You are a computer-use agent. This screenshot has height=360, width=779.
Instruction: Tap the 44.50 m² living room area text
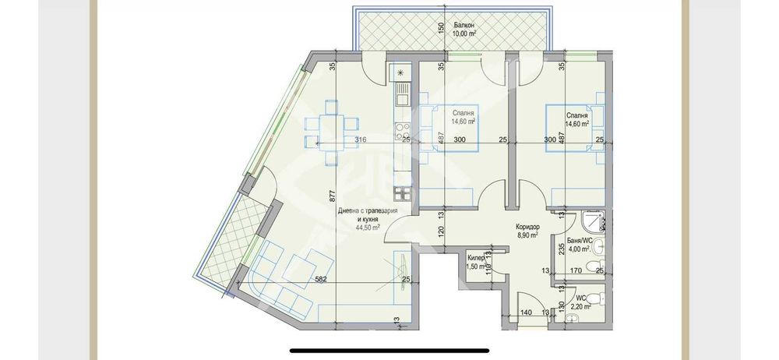(368, 228)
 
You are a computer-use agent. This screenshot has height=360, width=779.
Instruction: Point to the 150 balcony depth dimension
(441, 29)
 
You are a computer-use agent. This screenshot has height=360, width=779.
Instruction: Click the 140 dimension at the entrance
(526, 312)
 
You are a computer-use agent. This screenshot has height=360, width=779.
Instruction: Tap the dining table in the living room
(332, 125)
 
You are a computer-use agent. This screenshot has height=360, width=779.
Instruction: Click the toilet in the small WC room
(595, 299)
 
